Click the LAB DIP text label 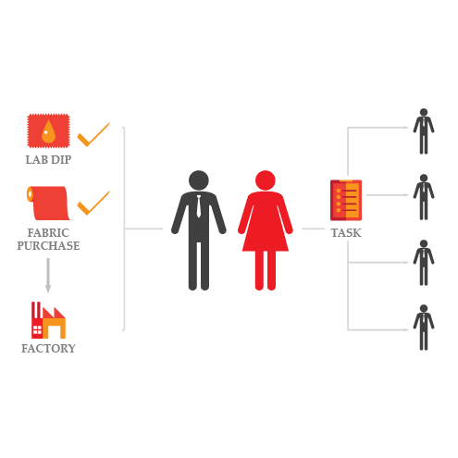point(48,160)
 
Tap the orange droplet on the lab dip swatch point(48,132)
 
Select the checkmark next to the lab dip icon point(93,134)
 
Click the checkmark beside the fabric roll point(93,203)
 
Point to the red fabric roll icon point(48,203)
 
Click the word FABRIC point(48,233)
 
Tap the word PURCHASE point(48,246)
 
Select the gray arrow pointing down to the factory point(48,276)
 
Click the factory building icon point(48,320)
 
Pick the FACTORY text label point(48,349)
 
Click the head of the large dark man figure point(199,180)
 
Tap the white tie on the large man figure point(199,206)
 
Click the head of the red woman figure point(266,180)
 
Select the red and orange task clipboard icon point(346,200)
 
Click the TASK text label point(346,233)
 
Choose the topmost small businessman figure point(424,131)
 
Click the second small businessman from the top point(424,197)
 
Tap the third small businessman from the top point(424,263)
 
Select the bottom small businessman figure point(424,328)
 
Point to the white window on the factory point(37,329)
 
